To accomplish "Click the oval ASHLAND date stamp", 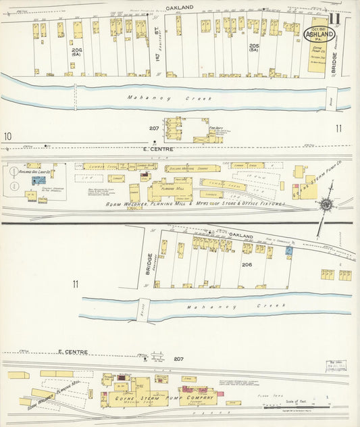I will coord(320,34).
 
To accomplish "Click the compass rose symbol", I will coord(326,205).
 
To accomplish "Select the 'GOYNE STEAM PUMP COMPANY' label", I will coord(160,400).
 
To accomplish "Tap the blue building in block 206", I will coord(288,251).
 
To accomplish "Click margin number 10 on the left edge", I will coord(7,137).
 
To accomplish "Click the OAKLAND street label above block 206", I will coord(240,236).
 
